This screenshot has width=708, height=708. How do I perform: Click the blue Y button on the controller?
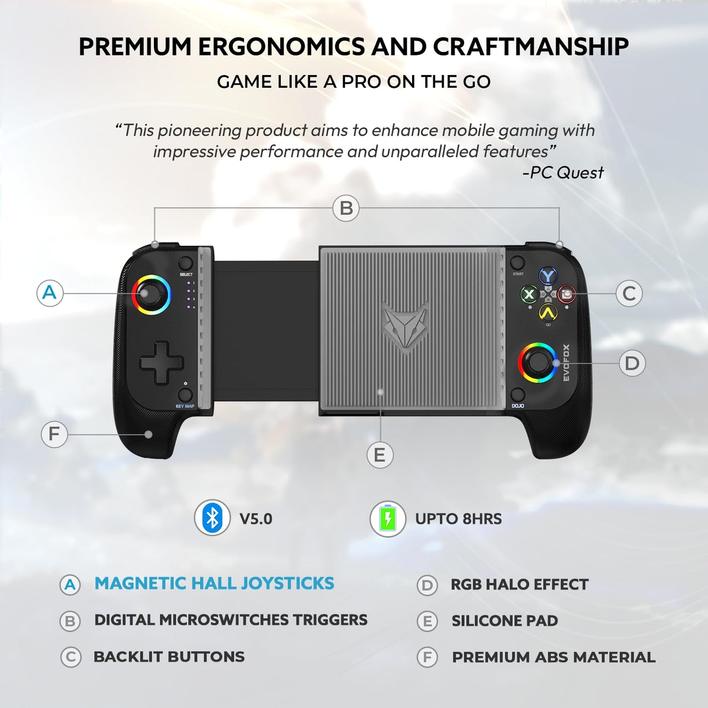(x=548, y=276)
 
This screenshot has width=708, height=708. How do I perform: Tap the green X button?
(x=529, y=295)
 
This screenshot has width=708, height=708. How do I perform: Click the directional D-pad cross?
(x=162, y=363)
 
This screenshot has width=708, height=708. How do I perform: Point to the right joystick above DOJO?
(x=537, y=363)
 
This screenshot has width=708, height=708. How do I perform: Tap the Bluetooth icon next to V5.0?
(x=212, y=518)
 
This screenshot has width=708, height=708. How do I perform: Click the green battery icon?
(x=388, y=518)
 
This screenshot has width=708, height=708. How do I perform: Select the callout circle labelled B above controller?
(x=346, y=208)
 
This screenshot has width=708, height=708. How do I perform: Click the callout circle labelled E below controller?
(x=380, y=455)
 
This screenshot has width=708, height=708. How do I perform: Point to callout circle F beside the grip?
(x=54, y=434)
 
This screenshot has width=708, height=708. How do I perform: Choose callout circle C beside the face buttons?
(x=629, y=293)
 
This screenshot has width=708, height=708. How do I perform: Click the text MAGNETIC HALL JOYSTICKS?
(x=214, y=584)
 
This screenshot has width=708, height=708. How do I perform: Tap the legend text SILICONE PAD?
(x=505, y=621)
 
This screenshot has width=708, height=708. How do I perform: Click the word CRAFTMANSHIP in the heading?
(x=531, y=47)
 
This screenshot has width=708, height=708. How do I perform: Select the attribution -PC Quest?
(x=563, y=172)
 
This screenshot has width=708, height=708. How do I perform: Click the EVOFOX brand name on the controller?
(x=566, y=363)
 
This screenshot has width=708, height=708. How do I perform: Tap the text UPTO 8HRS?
(x=458, y=519)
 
